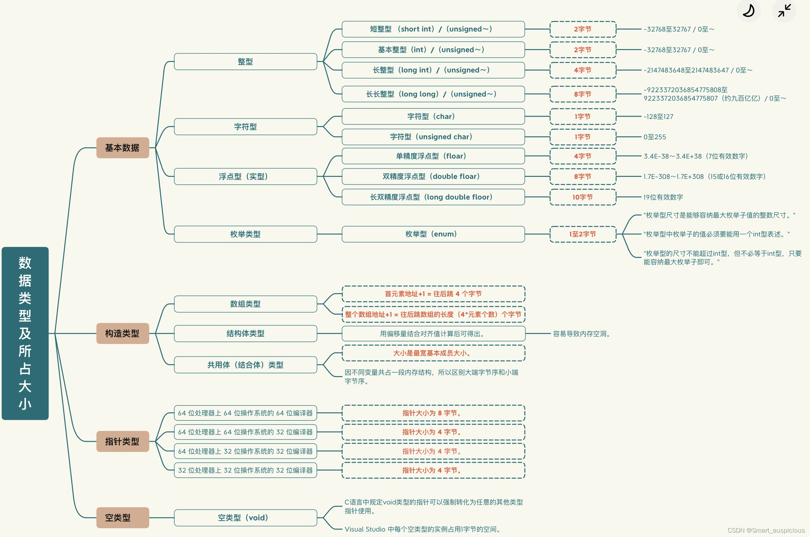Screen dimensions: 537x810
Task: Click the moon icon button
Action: pos(749,11)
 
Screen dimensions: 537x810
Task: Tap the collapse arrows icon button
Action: pos(784,11)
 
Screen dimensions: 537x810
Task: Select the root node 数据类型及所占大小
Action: pos(25,333)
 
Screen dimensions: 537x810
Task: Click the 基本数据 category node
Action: pos(122,148)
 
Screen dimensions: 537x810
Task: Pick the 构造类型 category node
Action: pos(122,333)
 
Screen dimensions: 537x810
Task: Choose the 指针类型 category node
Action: pos(122,441)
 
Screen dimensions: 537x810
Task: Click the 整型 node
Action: pos(245,62)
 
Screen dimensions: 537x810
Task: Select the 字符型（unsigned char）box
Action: pos(433,137)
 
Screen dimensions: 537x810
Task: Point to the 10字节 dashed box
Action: pos(582,197)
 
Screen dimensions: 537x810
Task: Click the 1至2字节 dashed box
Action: pos(582,234)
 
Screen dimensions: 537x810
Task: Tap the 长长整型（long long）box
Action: pos(433,94)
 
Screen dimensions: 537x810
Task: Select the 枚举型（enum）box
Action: pos(433,234)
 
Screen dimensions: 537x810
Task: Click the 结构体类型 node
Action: pos(245,334)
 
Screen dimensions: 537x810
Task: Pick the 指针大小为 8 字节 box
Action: pos(433,413)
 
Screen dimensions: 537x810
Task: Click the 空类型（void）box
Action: pos(245,517)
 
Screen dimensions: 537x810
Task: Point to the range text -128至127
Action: pos(658,117)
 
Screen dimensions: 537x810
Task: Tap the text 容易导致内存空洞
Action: pos(581,334)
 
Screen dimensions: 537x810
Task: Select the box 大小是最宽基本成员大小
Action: pos(433,353)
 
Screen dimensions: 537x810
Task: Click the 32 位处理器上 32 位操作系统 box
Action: pos(245,470)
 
